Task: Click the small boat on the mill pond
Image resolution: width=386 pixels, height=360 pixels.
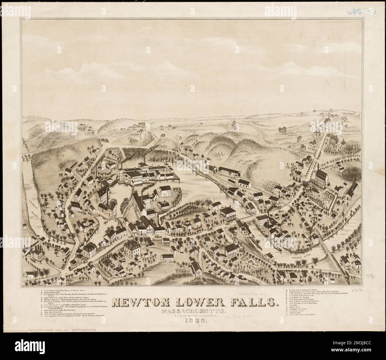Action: (105, 221)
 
